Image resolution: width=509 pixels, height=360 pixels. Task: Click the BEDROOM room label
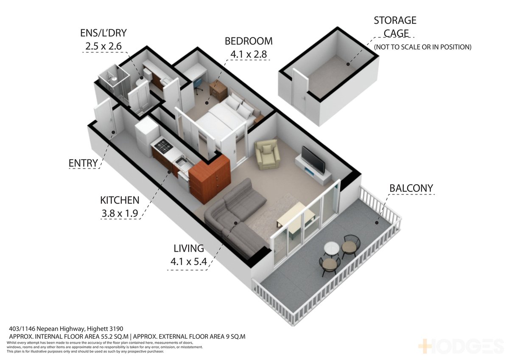coord(249,41)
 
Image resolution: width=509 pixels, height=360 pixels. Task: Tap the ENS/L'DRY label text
coord(103,33)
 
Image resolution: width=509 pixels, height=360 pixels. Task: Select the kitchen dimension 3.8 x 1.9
coord(120,213)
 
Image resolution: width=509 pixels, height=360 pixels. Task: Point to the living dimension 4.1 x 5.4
coord(189,262)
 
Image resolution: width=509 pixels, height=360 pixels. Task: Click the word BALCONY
coord(411,188)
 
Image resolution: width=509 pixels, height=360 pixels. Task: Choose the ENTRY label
coord(83,163)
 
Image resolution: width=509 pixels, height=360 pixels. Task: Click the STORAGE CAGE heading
coord(395,27)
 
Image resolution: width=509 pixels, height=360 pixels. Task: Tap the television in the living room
coord(313,160)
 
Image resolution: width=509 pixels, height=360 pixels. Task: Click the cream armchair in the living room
coord(267,155)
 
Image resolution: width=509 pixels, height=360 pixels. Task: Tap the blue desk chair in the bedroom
coord(198,85)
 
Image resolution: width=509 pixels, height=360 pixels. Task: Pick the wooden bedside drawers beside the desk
coord(218,90)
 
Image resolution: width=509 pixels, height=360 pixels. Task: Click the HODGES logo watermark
coord(461,346)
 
